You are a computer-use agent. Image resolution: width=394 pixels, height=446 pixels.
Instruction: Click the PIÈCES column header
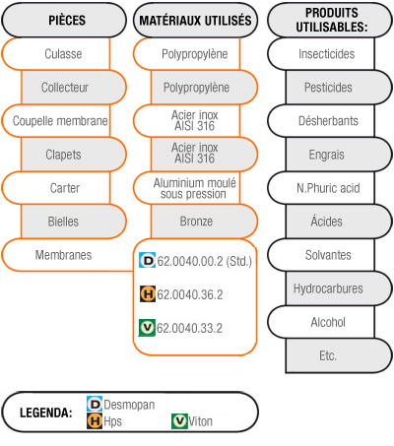pyautogui.click(x=64, y=21)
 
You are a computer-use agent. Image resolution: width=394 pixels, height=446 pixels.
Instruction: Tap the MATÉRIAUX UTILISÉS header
pyautogui.click(x=195, y=21)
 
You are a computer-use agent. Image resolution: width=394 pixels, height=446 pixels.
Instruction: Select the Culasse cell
pyautogui.click(x=56, y=54)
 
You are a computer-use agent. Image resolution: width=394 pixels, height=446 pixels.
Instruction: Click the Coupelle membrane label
pyautogui.click(x=60, y=121)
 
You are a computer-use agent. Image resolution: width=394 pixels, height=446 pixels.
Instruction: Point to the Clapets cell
pyautogui.click(x=74, y=155)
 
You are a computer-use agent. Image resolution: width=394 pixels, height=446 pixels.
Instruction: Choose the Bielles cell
pyautogui.click(x=74, y=222)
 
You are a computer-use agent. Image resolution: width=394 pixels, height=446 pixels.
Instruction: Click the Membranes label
pyautogui.click(x=63, y=255)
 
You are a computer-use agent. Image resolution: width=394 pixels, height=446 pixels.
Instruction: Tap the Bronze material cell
pyautogui.click(x=204, y=222)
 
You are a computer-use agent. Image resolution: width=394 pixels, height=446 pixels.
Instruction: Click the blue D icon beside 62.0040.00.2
pyautogui.click(x=148, y=261)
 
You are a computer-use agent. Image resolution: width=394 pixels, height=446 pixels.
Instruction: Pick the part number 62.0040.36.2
pyautogui.click(x=190, y=294)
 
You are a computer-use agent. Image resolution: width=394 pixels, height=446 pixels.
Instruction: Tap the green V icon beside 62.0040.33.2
pyautogui.click(x=147, y=328)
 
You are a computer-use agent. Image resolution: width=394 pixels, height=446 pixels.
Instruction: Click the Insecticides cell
pyautogui.click(x=321, y=54)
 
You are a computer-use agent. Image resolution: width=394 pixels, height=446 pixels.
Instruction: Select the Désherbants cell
pyautogui.click(x=321, y=121)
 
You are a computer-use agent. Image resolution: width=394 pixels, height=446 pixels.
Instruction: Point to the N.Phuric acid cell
pyautogui.click(x=321, y=188)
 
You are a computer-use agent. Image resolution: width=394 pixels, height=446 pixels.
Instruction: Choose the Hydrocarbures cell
pyautogui.click(x=339, y=288)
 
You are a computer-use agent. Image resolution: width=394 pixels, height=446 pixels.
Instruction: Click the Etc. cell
pyautogui.click(x=339, y=355)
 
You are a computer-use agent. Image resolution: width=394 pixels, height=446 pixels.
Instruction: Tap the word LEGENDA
pyautogui.click(x=46, y=413)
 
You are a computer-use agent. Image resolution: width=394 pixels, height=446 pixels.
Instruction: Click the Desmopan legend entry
pyautogui.click(x=121, y=405)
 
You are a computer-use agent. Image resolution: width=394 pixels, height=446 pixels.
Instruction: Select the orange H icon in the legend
pyautogui.click(x=95, y=421)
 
